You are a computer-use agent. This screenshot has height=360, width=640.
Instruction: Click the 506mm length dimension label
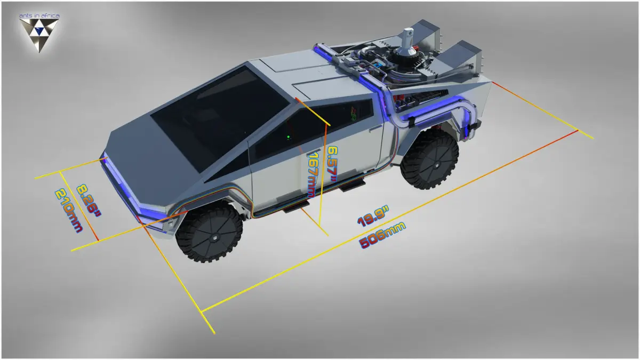382,235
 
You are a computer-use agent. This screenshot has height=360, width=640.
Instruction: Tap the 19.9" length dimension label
373,218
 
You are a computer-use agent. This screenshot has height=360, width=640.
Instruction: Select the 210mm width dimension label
68,210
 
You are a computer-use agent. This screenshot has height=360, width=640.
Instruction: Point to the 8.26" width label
89,201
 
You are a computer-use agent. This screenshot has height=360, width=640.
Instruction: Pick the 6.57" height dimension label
332,164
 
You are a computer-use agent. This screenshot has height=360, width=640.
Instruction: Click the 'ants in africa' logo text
39,15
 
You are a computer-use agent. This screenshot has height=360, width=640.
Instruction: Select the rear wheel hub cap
437,166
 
